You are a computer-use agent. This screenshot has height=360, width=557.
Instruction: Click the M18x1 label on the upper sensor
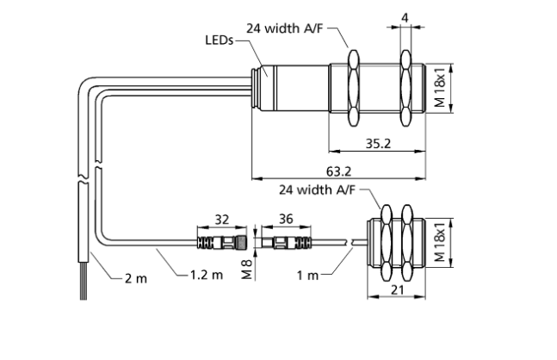pos(440,87)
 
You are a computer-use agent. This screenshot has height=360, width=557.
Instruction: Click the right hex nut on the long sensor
pos(405,86)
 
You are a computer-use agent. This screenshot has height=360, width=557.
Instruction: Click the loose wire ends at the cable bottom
pos(83,289)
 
